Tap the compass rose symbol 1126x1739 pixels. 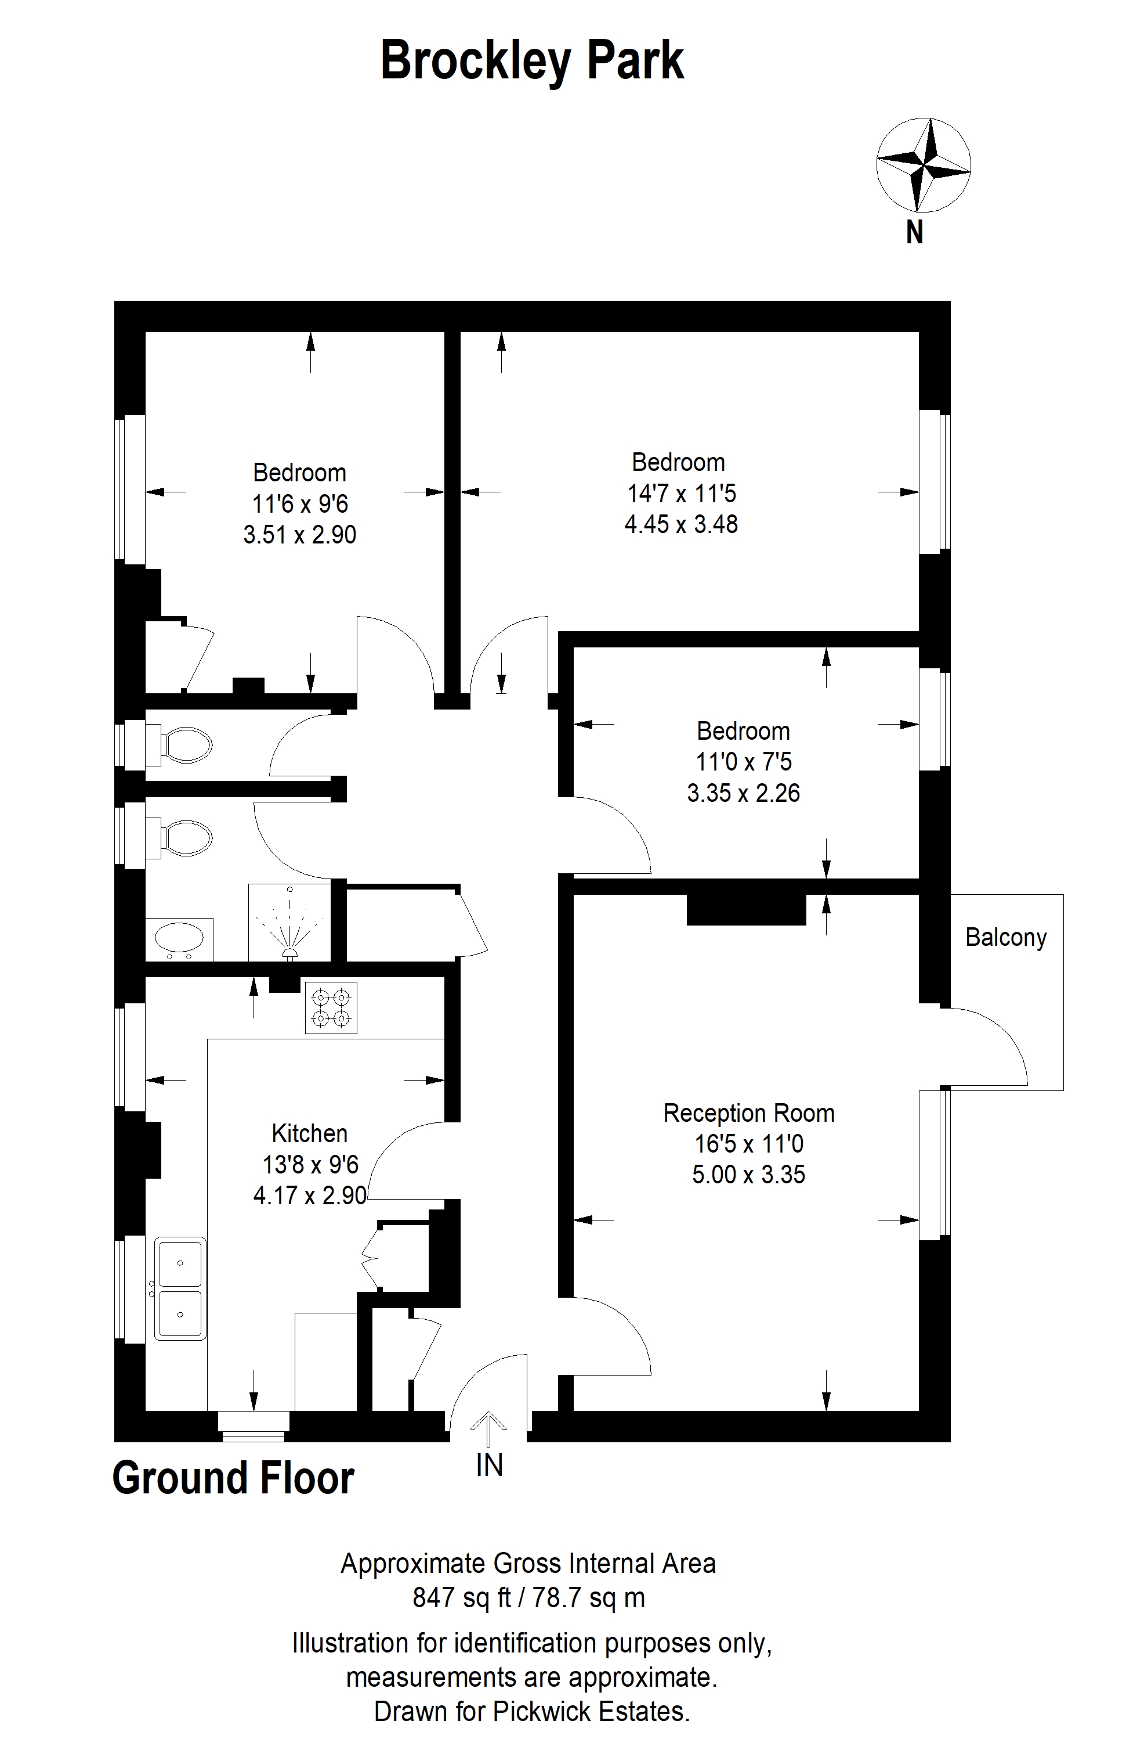(923, 165)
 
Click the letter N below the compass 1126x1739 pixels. (914, 232)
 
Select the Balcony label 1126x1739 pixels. (1005, 938)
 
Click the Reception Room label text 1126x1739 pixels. (748, 1113)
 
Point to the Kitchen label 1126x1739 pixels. (309, 1133)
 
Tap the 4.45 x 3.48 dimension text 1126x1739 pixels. (680, 524)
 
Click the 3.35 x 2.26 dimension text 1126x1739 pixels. (743, 793)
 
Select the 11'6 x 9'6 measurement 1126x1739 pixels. (300, 503)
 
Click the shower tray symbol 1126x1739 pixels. (290, 923)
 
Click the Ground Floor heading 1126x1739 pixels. (234, 1478)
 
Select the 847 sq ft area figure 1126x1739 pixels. (462, 1598)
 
